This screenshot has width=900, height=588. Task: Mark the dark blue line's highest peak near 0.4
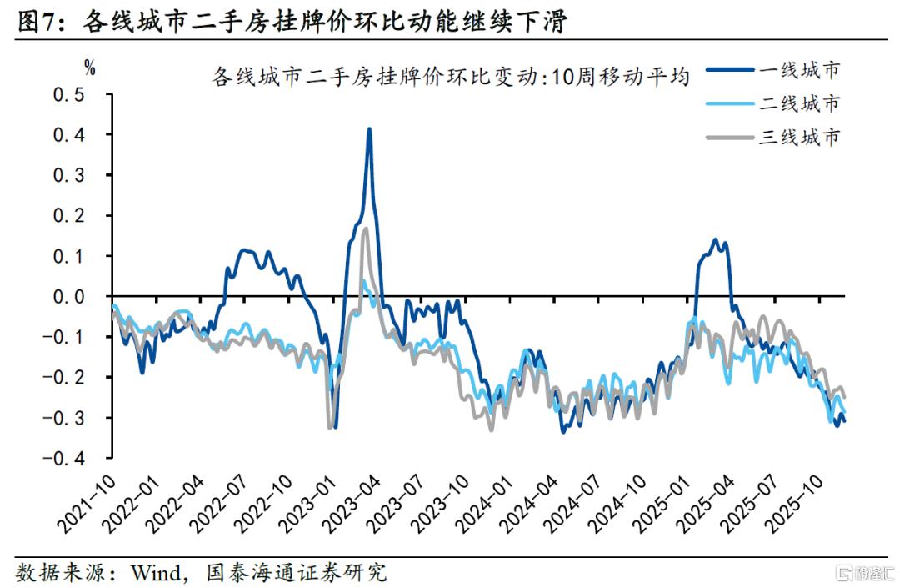(369, 129)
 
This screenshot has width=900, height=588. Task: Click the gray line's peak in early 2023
(364, 228)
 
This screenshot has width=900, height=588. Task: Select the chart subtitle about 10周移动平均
(451, 77)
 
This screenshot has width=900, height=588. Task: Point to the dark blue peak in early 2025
(715, 240)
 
